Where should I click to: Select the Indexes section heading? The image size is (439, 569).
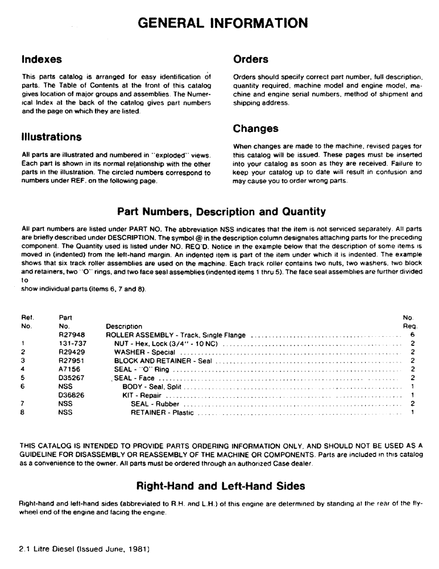pyautogui.click(x=42, y=59)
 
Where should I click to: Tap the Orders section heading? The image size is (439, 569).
pyautogui.click(x=251, y=59)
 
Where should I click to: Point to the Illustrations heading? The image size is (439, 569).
pyautogui.click(x=52, y=137)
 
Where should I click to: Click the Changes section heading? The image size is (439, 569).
pyautogui.click(x=256, y=129)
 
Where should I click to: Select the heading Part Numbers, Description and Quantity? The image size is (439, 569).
pyautogui.click(x=221, y=212)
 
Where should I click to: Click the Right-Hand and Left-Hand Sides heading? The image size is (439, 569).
pyautogui.click(x=221, y=486)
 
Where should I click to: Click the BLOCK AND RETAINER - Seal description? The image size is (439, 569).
pyautogui.click(x=162, y=361)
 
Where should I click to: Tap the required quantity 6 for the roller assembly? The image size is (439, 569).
pyautogui.click(x=411, y=336)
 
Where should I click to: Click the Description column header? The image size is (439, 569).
pyautogui.click(x=124, y=327)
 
